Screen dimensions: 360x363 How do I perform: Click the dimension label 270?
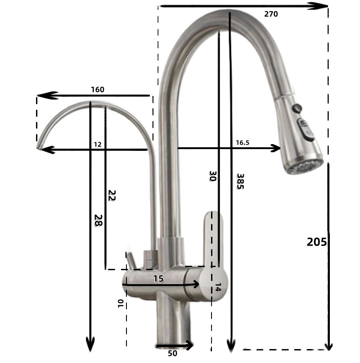pos(271,14)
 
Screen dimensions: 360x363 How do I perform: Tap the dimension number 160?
pos(98,90)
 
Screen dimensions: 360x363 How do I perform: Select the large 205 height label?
pos(317,242)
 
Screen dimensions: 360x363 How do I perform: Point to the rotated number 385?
pos(240,181)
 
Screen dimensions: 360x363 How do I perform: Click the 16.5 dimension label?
pos(243,143)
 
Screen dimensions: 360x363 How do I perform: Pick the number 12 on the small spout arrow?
pos(98,145)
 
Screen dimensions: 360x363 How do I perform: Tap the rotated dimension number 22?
pos(112,195)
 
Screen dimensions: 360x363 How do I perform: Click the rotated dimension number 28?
pos(99,220)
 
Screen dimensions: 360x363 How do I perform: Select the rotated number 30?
pos(212,176)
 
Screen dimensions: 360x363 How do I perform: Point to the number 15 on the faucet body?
pos(158,278)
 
